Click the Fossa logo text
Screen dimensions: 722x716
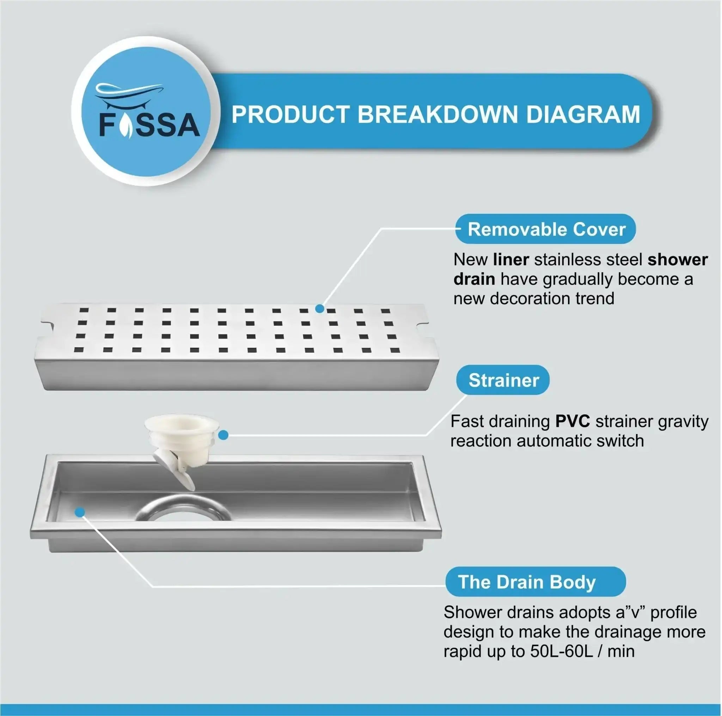click(149, 124)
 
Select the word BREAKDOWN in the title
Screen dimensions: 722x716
click(438, 114)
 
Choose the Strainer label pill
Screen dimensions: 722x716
click(503, 380)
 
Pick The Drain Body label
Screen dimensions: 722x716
click(536, 582)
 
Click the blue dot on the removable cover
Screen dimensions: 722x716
click(319, 309)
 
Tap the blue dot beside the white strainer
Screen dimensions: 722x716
click(223, 435)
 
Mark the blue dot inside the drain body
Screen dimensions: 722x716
click(80, 512)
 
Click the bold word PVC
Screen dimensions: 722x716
click(573, 422)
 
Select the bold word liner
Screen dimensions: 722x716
click(511, 259)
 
